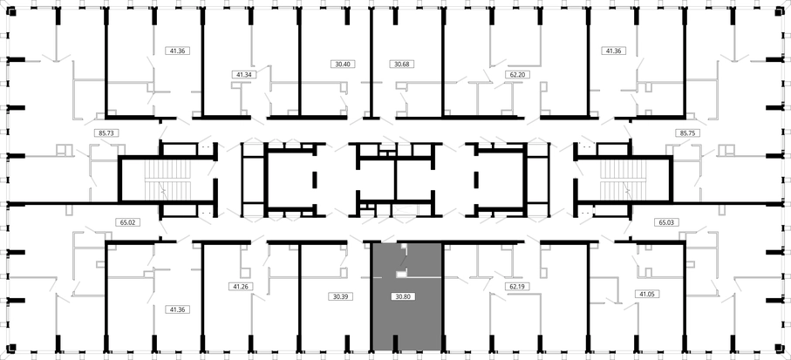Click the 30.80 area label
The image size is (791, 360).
tap(403, 297)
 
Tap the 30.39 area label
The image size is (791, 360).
tap(341, 297)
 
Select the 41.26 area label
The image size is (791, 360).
tap(241, 287)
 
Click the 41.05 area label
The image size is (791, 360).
tap(648, 294)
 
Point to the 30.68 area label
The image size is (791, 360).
tap(401, 64)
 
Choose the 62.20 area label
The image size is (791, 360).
tap(516, 75)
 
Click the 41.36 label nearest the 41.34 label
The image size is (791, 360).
tap(178, 51)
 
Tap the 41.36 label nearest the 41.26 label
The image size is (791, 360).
tap(178, 309)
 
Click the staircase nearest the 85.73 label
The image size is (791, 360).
tap(168, 180)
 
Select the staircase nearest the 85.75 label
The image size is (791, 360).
tap(623, 180)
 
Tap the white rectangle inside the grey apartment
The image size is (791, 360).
tap(401, 275)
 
